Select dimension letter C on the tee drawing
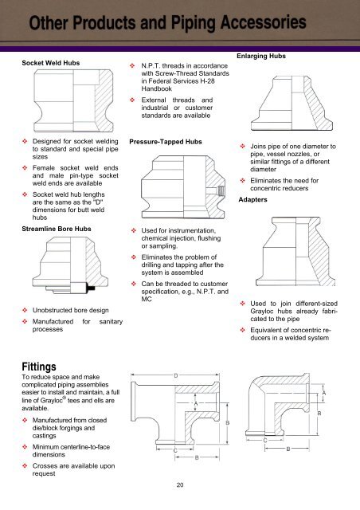pos(174,450)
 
